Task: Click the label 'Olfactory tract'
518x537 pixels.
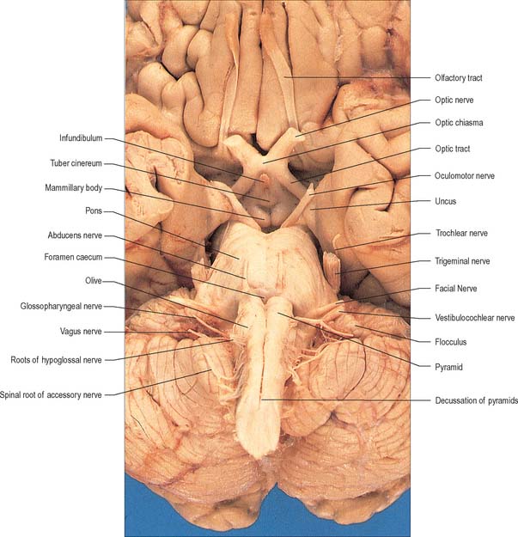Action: [459, 78]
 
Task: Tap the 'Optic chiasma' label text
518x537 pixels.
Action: [459, 123]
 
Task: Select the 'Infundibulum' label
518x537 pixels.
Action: [81, 138]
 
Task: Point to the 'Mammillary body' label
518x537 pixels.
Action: [74, 188]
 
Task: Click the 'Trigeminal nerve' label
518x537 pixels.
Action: [462, 261]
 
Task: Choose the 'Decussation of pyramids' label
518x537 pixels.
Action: [476, 400]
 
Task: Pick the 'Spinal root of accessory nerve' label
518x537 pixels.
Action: [51, 395]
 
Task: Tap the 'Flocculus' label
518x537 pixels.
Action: [450, 342]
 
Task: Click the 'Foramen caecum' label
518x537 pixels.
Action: [73, 257]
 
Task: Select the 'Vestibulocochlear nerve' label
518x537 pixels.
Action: [475, 318]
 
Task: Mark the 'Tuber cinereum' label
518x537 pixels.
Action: [76, 163]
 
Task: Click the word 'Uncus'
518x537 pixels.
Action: [446, 201]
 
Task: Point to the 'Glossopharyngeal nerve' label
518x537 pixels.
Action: [61, 306]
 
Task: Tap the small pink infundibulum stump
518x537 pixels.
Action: [264, 178]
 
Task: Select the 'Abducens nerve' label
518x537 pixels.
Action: [75, 235]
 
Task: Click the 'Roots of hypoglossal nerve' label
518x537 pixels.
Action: [56, 360]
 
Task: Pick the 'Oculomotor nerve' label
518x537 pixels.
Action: [465, 176]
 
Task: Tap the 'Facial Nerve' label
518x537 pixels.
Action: [455, 289]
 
